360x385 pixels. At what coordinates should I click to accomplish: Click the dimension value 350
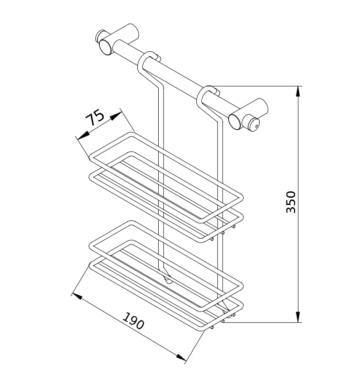click(x=291, y=202)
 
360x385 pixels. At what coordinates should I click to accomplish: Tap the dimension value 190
click(x=133, y=321)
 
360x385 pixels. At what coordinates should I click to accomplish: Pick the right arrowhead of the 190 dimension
click(x=181, y=357)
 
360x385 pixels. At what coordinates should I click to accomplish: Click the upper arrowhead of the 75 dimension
click(x=115, y=116)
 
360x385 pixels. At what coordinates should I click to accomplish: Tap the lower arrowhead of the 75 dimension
click(x=83, y=135)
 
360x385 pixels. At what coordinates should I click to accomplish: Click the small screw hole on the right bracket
click(x=257, y=127)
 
